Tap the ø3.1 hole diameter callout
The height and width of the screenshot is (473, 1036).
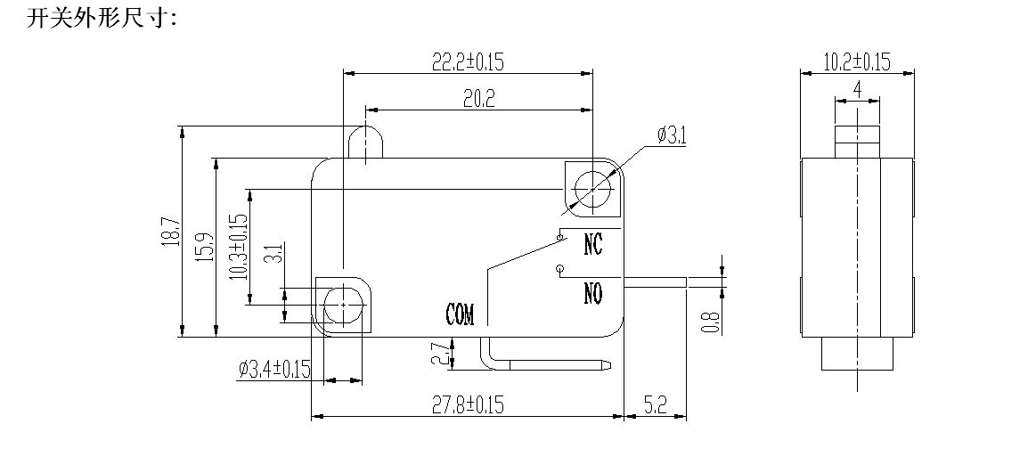point(671,135)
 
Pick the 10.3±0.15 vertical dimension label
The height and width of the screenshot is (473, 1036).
point(238,247)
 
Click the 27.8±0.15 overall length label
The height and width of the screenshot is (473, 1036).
point(468,405)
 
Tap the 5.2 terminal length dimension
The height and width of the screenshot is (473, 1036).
point(654,405)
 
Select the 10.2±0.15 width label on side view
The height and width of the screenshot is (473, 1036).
point(856,61)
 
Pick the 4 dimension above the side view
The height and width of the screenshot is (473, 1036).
point(856,89)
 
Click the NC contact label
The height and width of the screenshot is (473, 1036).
point(593,244)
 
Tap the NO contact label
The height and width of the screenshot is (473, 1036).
point(593,292)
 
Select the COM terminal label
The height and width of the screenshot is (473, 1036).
point(460,314)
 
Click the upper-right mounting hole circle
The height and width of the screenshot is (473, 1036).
point(591,188)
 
